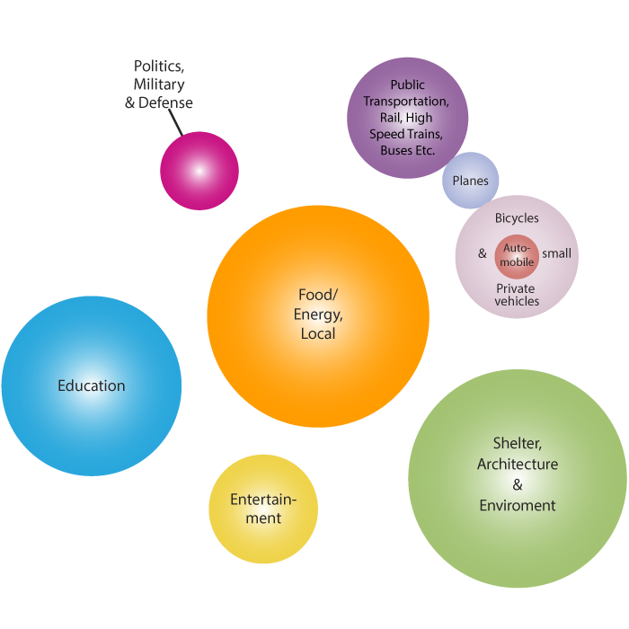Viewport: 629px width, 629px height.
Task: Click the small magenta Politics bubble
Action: tap(199, 171)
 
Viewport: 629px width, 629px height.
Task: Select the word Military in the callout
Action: tap(158, 84)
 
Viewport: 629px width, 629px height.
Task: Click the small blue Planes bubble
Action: tap(470, 181)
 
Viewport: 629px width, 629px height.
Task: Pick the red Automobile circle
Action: tap(518, 255)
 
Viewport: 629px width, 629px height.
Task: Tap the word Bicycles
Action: tap(517, 218)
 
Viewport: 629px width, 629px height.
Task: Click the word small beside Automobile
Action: tap(556, 253)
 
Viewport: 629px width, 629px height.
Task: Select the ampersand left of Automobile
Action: tap(482, 253)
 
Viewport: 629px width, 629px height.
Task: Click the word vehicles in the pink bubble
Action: tap(517, 301)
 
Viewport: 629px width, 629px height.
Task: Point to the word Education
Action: tap(92, 385)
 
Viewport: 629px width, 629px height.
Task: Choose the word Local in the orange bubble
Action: tap(318, 333)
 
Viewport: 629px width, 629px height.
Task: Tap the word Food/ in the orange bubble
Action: tap(318, 295)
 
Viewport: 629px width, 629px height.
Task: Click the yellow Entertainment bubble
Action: tap(263, 509)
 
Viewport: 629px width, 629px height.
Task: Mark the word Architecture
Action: tap(517, 465)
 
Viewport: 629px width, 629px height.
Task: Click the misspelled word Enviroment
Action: tap(517, 505)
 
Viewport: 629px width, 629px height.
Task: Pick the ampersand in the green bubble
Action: tap(517, 485)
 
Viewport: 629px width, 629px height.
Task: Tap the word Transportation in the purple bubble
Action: tap(405, 102)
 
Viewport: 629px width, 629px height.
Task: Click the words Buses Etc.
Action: tap(407, 150)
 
